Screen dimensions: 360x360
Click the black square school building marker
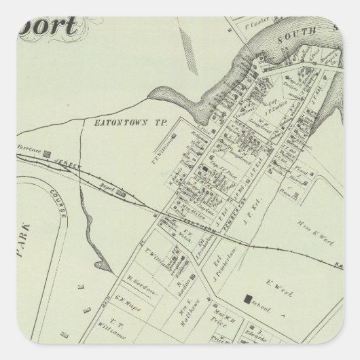pos(249,298)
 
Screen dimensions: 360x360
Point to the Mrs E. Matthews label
pos(185,300)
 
